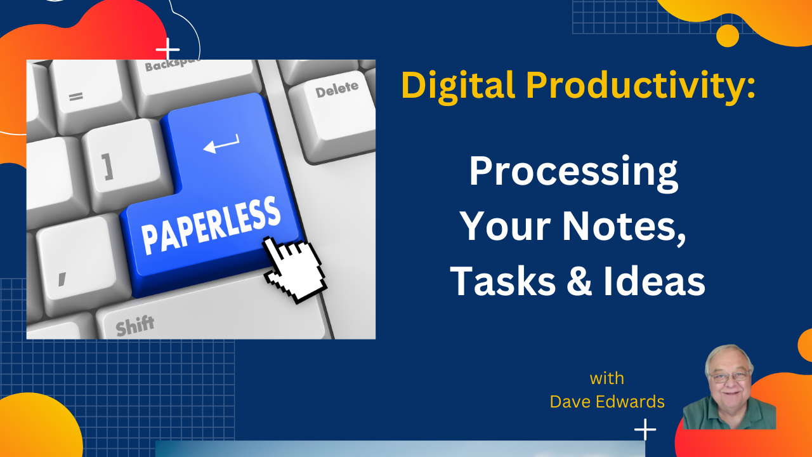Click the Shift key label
pos(134,326)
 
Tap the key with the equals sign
pos(76,97)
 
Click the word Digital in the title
pos(454,85)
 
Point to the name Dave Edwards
pos(607,401)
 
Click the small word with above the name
pos(606,378)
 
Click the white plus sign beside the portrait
pos(645,430)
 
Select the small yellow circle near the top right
pos(727,36)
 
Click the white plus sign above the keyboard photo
pos(167,49)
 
